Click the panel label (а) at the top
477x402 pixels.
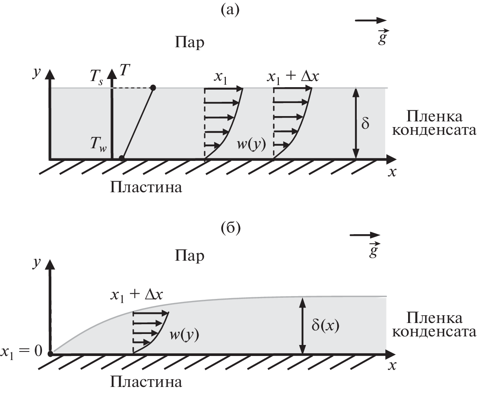pos(230,10)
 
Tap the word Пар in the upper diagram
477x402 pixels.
pos(189,42)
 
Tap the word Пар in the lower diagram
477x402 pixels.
pos(189,255)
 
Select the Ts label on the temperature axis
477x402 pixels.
pos(97,77)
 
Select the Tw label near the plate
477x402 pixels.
pos(98,143)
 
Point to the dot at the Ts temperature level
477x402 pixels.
pos(153,88)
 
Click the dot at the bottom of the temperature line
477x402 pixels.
pos(121,158)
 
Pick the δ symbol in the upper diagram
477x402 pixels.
pos(365,123)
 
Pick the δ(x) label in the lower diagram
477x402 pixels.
pos(325,325)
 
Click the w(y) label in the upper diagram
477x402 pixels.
pos(251,144)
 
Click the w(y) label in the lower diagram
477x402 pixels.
pos(184,334)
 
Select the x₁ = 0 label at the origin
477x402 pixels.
pos(21,352)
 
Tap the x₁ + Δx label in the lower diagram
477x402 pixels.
pos(137,295)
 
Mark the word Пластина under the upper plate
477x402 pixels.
pos(146,187)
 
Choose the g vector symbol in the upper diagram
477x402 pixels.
pos(382,37)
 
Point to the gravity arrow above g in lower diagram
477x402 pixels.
pos(365,235)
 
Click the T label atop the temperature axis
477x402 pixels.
pos(125,70)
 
